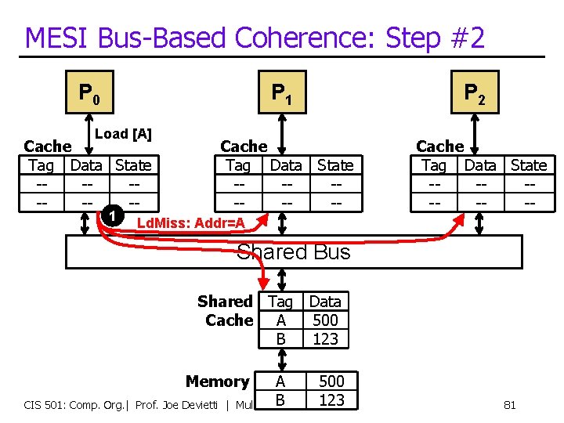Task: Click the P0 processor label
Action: (89, 95)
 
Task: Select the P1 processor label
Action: (281, 95)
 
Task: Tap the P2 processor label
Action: (474, 95)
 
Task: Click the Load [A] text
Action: (123, 134)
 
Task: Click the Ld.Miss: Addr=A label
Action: (191, 224)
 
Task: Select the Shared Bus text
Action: (293, 251)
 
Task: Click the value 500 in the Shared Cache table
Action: (325, 320)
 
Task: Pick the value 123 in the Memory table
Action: (331, 399)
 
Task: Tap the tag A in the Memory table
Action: (280, 381)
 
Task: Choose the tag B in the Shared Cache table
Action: (280, 338)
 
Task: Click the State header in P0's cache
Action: (133, 165)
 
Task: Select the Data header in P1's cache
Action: (286, 165)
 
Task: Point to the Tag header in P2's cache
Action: (433, 165)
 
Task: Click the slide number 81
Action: (509, 405)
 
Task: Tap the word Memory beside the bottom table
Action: (217, 381)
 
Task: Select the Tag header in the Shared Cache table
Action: (280, 302)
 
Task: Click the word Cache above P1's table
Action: (244, 146)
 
